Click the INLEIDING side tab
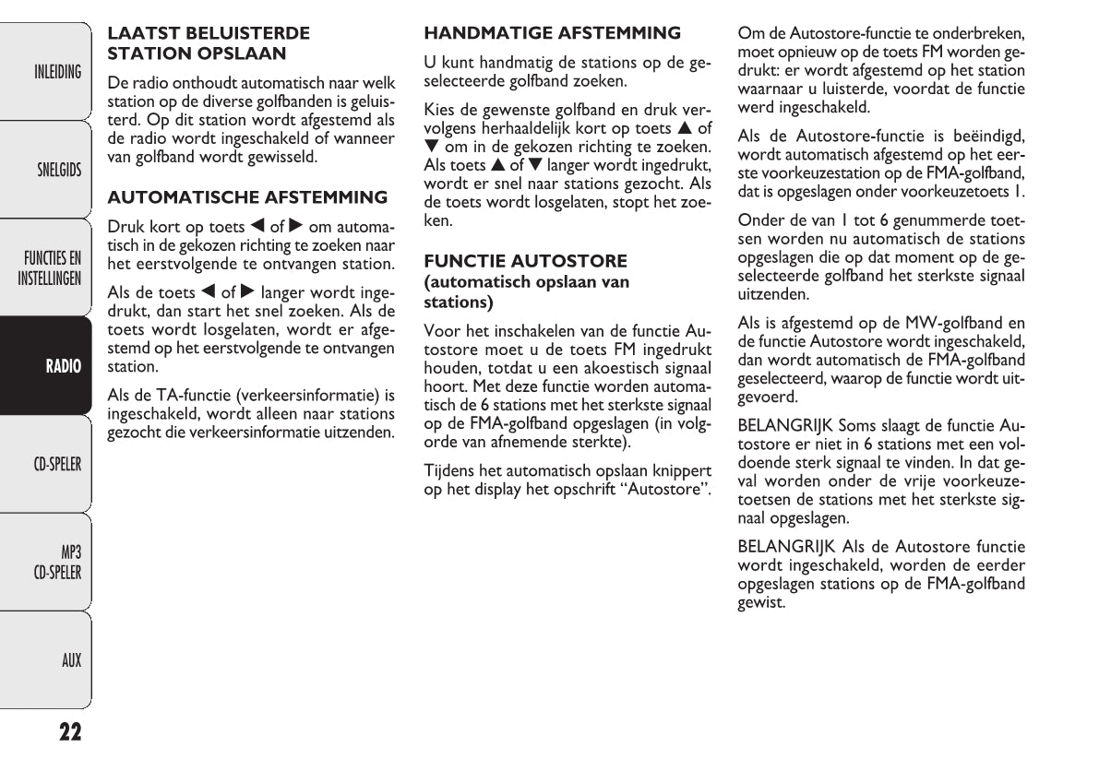[x=57, y=72]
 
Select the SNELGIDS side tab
[x=58, y=170]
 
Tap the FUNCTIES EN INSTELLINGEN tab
[x=52, y=267]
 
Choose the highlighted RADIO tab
[x=64, y=366]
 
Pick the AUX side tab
[x=70, y=660]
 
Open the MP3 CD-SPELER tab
[x=57, y=563]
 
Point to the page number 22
[x=70, y=732]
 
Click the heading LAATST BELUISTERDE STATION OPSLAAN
[x=209, y=43]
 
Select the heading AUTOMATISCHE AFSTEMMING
[x=247, y=197]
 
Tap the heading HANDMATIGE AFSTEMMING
[x=552, y=33]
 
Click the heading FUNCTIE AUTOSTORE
[x=525, y=261]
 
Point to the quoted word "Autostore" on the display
[x=667, y=489]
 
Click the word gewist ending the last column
[x=760, y=603]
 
